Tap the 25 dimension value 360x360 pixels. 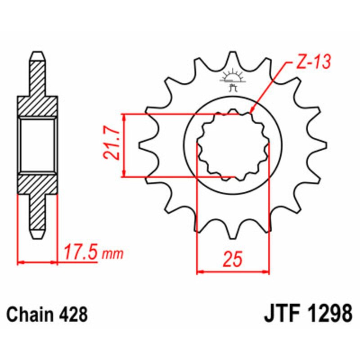click(233, 260)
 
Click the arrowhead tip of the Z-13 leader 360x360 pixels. click(250, 112)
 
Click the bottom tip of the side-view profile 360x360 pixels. click(38, 236)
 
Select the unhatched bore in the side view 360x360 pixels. click(38, 145)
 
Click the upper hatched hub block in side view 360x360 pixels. click(38, 106)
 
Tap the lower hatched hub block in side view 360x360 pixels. click(38, 184)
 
